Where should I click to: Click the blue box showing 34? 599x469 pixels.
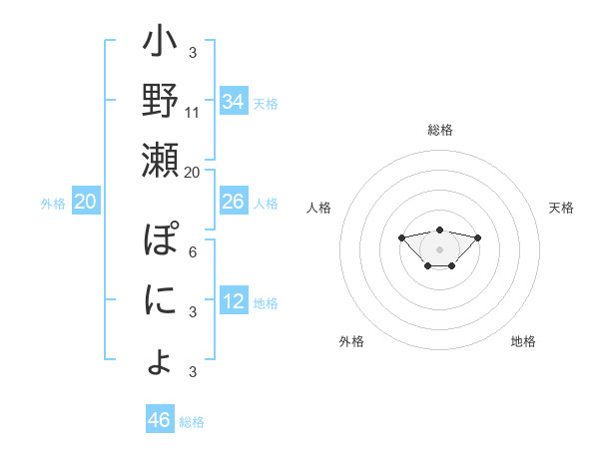[234, 102]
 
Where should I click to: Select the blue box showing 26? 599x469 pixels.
[234, 202]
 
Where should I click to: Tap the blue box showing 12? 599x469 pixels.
[234, 301]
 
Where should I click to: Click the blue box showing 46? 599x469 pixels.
[160, 420]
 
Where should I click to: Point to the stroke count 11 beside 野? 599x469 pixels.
[193, 112]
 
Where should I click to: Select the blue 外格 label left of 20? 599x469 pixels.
[53, 203]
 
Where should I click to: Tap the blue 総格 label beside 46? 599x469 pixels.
[192, 422]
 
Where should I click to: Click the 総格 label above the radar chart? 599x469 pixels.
[439, 130]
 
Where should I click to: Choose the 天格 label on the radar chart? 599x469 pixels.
[561, 208]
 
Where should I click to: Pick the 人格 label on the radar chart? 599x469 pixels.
[318, 208]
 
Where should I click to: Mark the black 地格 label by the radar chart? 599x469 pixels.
[523, 341]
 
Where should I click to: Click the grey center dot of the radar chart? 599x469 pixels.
[439, 248]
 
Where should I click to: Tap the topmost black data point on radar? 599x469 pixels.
[439, 230]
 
